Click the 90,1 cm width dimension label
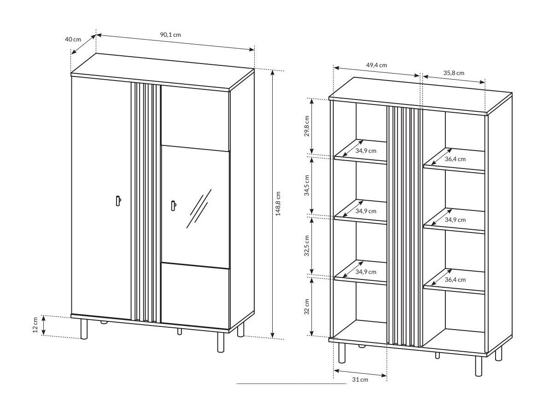coord(170,35)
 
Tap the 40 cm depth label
coord(73,40)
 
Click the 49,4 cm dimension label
coord(376,65)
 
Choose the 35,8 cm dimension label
coord(454,73)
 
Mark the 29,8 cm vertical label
coord(307,126)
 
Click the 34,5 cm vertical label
coord(307,185)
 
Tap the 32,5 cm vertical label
coord(307,246)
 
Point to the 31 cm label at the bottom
coord(360,380)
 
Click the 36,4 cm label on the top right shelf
coord(455,159)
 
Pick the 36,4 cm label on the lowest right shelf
coord(455,279)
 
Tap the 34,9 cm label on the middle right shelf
coord(455,220)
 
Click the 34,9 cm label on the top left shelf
coord(366,151)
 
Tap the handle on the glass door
coord(173,206)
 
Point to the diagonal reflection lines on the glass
coord(199,209)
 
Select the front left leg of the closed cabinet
coord(84,329)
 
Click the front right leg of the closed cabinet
coord(221,342)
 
